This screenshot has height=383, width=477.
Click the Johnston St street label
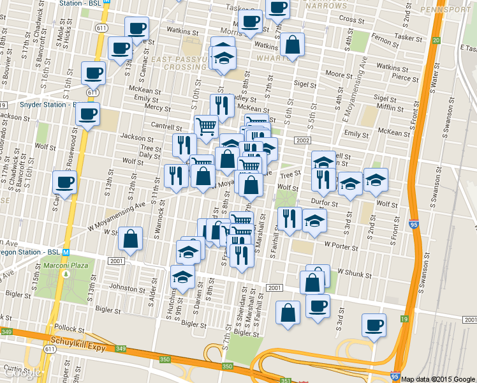tap(125, 287)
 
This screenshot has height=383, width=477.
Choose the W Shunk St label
tap(353, 271)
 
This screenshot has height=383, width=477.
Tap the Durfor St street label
tap(325, 203)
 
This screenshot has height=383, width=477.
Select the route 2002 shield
tap(302, 140)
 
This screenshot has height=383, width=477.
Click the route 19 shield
tap(404, 319)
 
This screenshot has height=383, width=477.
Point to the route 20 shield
tap(436, 40)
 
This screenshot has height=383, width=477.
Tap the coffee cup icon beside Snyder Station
tap(87, 115)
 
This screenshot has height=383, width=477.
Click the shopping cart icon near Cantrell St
tap(206, 127)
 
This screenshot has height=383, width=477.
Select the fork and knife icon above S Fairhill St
tap(290, 219)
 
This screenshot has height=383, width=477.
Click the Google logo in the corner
tap(22, 373)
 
